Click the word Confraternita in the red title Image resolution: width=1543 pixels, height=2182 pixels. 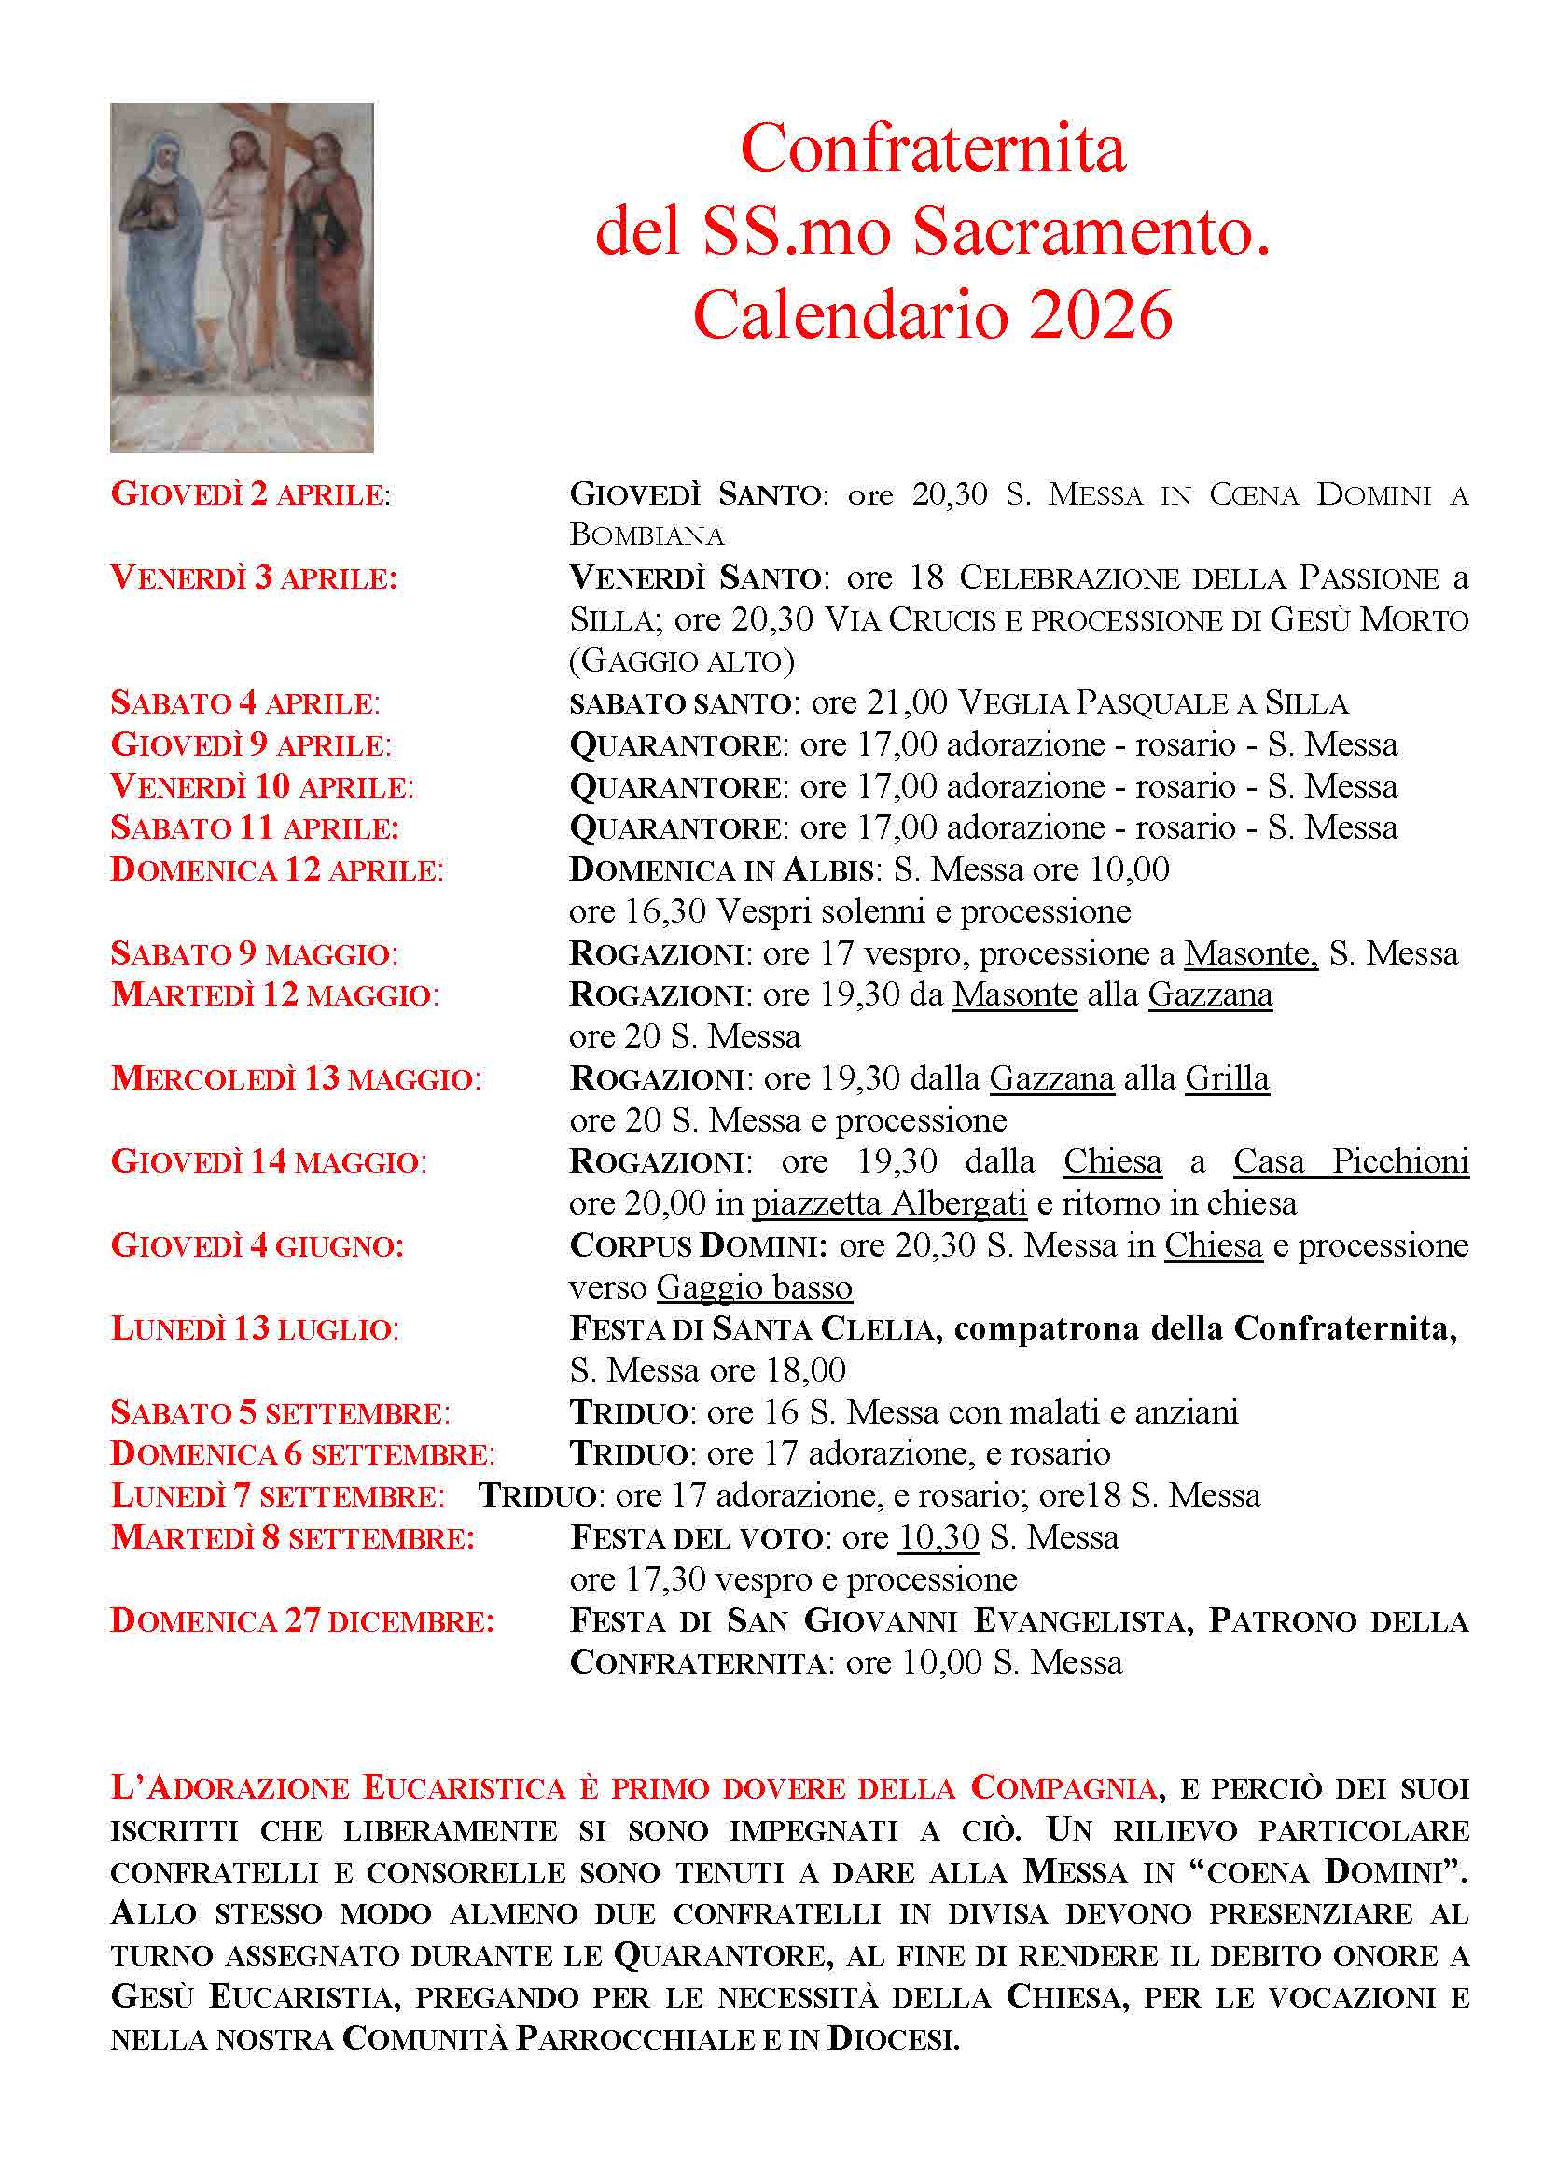tap(932, 149)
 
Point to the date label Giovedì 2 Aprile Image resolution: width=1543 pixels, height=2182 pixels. tap(251, 495)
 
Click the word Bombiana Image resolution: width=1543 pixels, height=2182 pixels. tap(647, 535)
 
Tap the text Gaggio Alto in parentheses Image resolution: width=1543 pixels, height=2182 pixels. tap(681, 660)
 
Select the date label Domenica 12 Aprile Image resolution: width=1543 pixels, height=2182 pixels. tap(276, 869)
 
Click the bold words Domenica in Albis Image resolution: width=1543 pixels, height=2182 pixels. tap(721, 869)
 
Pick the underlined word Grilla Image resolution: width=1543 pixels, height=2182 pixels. tap(1227, 1078)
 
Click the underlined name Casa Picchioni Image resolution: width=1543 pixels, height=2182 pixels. tap(1350, 1161)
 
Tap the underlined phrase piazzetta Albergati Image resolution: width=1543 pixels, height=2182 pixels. tap(889, 1204)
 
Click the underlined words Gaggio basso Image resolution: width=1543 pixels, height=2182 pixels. tap(755, 1287)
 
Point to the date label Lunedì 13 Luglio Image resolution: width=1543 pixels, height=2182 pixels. tap(255, 1329)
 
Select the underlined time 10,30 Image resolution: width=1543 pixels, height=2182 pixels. tap(938, 1537)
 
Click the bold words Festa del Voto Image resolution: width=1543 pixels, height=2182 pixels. tap(696, 1537)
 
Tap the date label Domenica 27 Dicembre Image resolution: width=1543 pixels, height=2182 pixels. tap(302, 1621)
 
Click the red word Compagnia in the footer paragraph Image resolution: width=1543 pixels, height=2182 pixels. tap(1063, 1787)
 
